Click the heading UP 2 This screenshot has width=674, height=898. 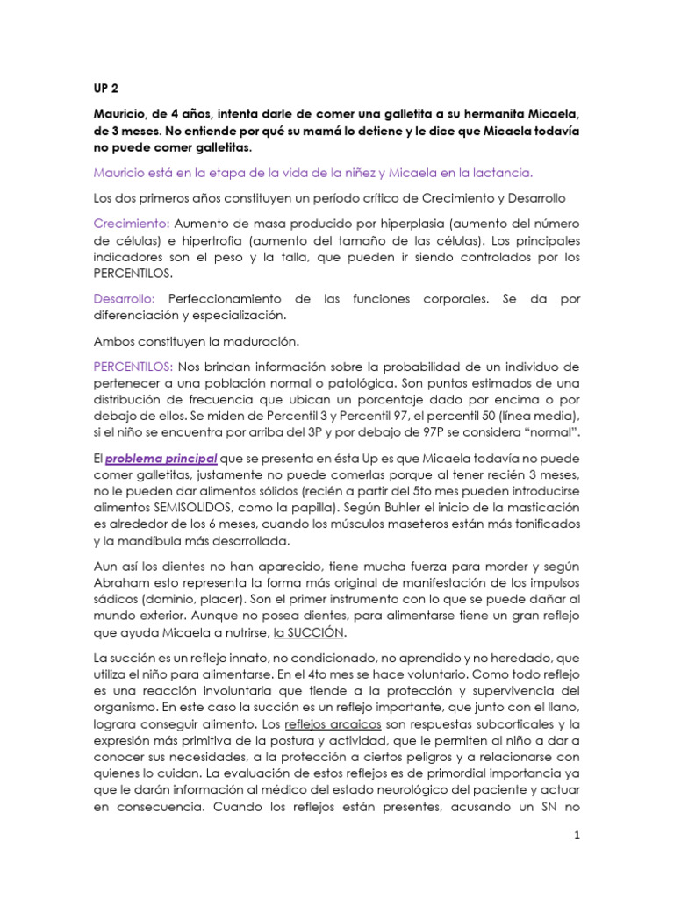coord(105,89)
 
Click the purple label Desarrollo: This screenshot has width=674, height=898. coord(125,299)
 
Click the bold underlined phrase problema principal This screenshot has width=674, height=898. coord(162,457)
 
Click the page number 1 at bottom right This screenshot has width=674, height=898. coord(577,836)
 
